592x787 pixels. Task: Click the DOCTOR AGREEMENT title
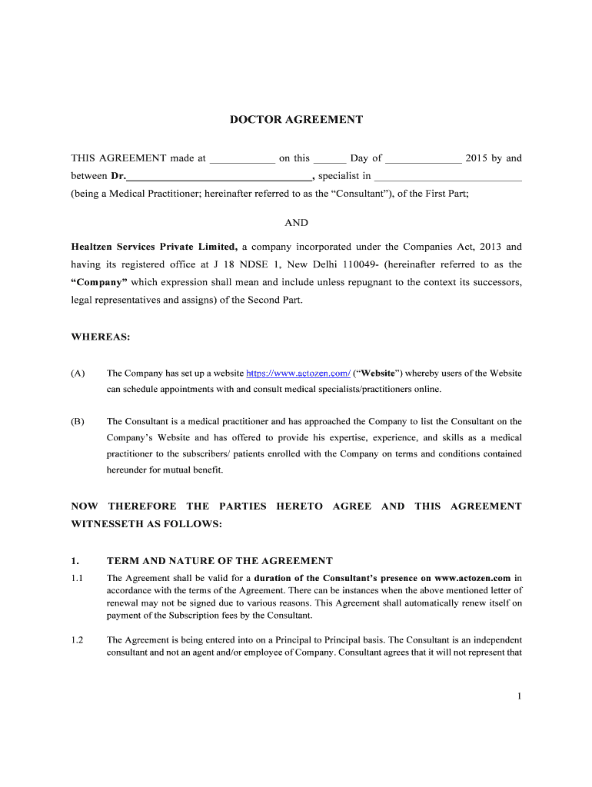296,120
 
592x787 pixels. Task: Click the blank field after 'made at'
242,159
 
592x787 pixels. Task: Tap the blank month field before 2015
423,159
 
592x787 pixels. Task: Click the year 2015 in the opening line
477,158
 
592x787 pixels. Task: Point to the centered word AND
296,223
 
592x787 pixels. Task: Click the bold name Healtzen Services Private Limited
154,247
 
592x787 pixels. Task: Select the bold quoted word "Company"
99,282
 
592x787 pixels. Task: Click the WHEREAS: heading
101,337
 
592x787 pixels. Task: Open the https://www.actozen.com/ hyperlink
298,374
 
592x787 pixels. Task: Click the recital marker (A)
78,374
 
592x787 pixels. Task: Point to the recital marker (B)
78,421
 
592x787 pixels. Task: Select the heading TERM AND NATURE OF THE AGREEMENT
219,561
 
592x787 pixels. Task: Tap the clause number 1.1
77,578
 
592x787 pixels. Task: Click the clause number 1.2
77,640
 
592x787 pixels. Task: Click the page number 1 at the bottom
520,696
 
